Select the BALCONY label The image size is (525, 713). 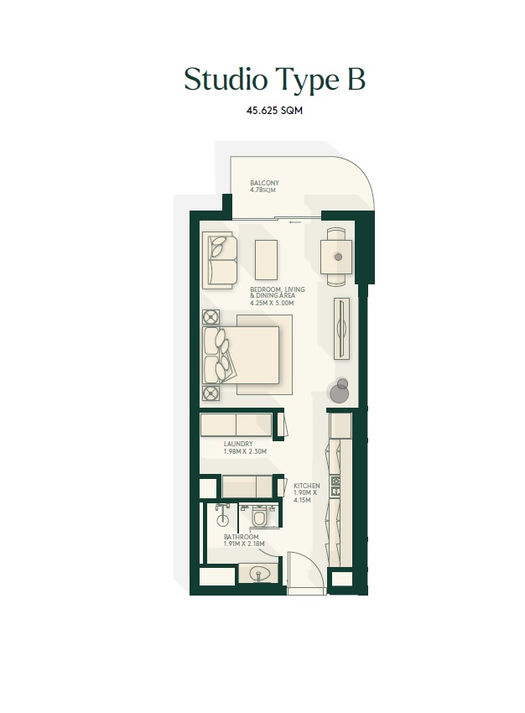click(x=264, y=183)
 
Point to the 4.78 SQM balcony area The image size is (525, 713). click(x=262, y=190)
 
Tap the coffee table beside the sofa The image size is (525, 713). click(x=266, y=260)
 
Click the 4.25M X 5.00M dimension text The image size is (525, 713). click(x=272, y=303)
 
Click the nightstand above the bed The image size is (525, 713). click(x=211, y=317)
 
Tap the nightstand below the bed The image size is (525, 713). click(x=211, y=393)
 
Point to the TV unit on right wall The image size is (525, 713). click(x=340, y=328)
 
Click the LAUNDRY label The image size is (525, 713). click(x=238, y=445)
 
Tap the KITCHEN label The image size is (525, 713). click(x=306, y=486)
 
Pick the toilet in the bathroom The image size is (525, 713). click(x=257, y=518)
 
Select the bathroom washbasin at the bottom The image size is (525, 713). click(x=258, y=575)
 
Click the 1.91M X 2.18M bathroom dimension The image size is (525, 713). click(x=244, y=544)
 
